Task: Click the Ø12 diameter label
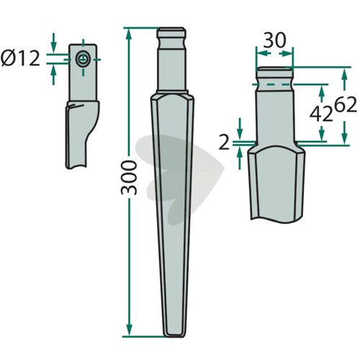pos(20,59)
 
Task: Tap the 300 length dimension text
pos(129,178)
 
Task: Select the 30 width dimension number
pos(275,40)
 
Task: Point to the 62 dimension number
pos(346,105)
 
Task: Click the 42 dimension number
pos(321,114)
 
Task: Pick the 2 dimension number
pos(224,143)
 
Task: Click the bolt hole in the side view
pos(83,59)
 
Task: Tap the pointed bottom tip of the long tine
pos(174,336)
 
